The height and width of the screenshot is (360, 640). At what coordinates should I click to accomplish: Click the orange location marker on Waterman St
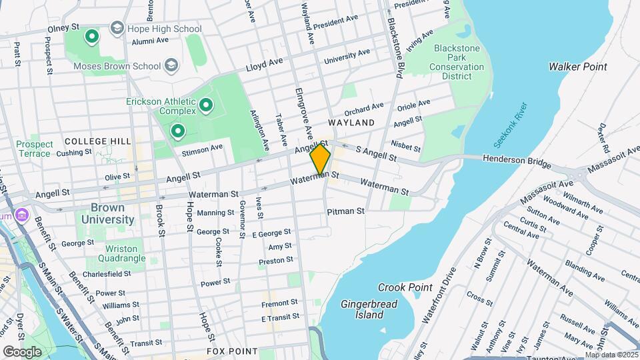tap(320, 159)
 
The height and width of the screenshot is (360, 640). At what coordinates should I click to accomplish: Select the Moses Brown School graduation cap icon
tap(172, 65)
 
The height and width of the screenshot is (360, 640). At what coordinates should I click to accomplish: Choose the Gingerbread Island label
tap(363, 309)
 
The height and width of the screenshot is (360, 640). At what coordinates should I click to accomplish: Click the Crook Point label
tap(405, 287)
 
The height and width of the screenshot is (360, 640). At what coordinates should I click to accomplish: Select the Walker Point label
tap(577, 67)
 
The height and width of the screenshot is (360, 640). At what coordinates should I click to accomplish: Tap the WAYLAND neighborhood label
tap(351, 123)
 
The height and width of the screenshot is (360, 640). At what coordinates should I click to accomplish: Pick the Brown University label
tap(107, 213)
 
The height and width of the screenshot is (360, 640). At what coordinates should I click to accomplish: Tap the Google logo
tap(22, 351)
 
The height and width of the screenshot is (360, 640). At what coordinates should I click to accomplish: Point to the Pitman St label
tap(345, 211)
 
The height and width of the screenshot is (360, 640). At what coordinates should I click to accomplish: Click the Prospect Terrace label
tap(34, 149)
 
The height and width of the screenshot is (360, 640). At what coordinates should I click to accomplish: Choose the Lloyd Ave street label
tap(264, 64)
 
